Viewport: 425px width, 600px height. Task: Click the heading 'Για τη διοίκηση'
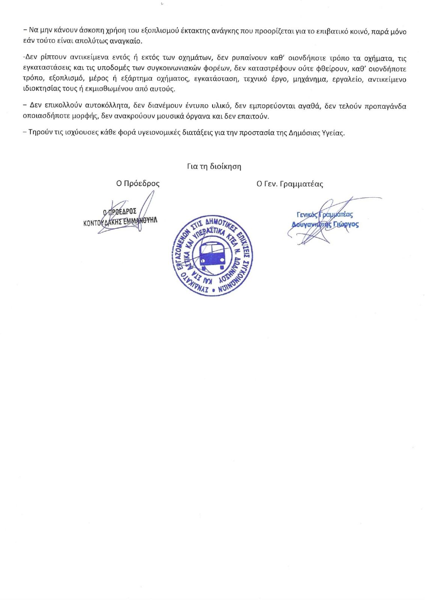pos(214,166)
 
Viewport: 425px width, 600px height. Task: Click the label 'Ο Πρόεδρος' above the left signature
pos(138,183)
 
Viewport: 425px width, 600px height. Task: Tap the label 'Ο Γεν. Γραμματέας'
pos(289,184)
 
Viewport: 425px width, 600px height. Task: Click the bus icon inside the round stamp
pos(212,255)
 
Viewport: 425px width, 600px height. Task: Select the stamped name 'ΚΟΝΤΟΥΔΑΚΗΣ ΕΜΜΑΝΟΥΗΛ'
pos(120,221)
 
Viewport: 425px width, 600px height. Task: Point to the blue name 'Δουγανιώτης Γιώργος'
pos(325,224)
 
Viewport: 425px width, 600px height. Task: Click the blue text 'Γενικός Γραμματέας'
pos(325,214)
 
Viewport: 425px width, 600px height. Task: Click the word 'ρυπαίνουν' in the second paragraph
pos(242,58)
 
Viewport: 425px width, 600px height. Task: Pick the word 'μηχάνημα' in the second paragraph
pos(309,79)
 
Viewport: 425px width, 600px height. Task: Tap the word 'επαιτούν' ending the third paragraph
pos(255,116)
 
